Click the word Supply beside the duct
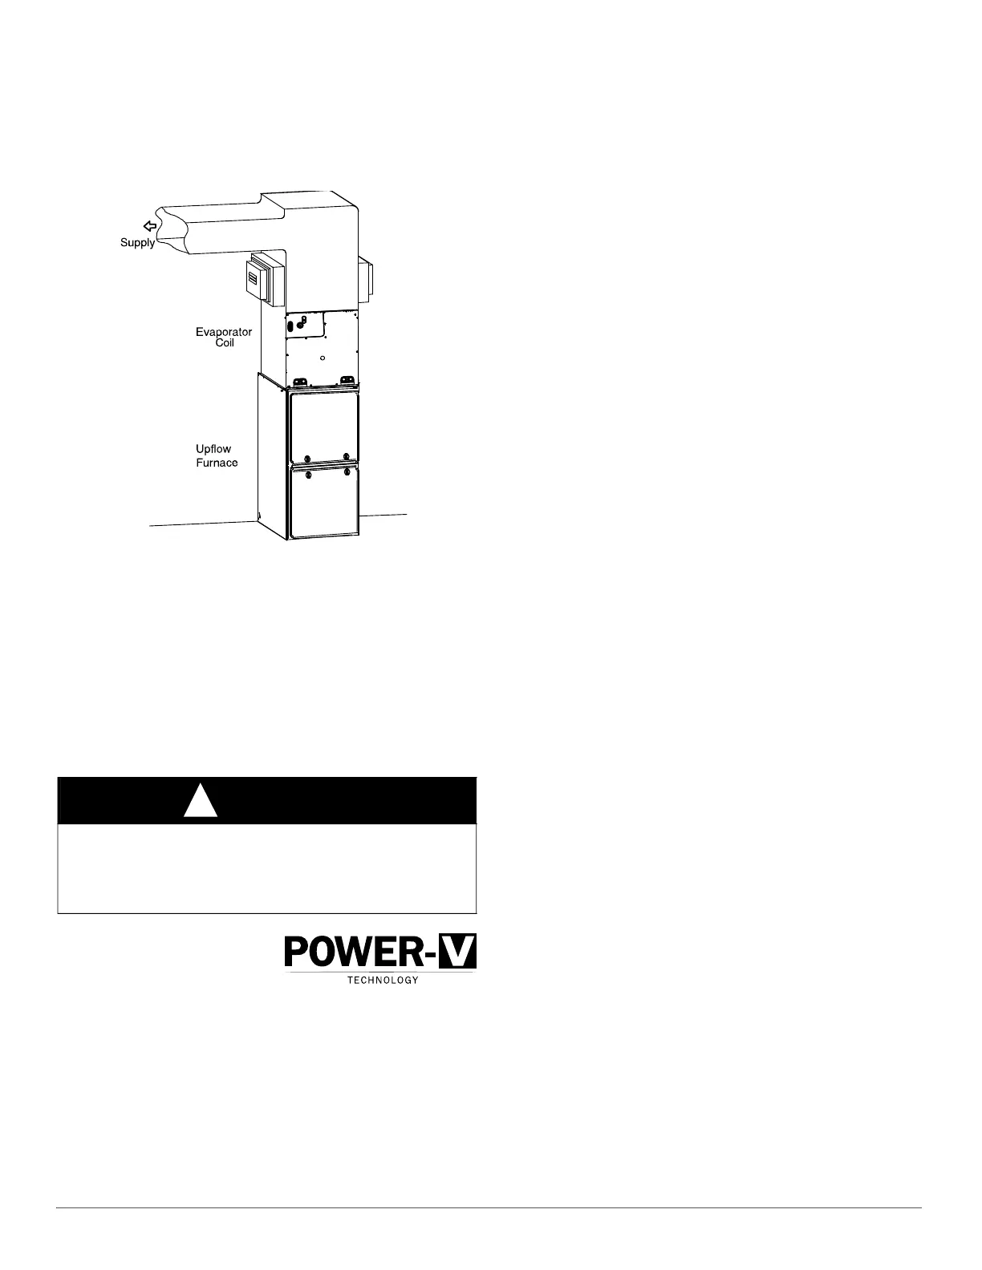137,243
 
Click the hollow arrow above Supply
149,227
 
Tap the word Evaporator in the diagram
224,332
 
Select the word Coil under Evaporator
225,343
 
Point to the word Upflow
213,449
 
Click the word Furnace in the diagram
217,463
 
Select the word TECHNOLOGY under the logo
383,981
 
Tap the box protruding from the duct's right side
367,280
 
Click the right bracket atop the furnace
347,381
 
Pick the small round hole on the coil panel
322,358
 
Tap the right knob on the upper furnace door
346,456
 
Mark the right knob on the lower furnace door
346,473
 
